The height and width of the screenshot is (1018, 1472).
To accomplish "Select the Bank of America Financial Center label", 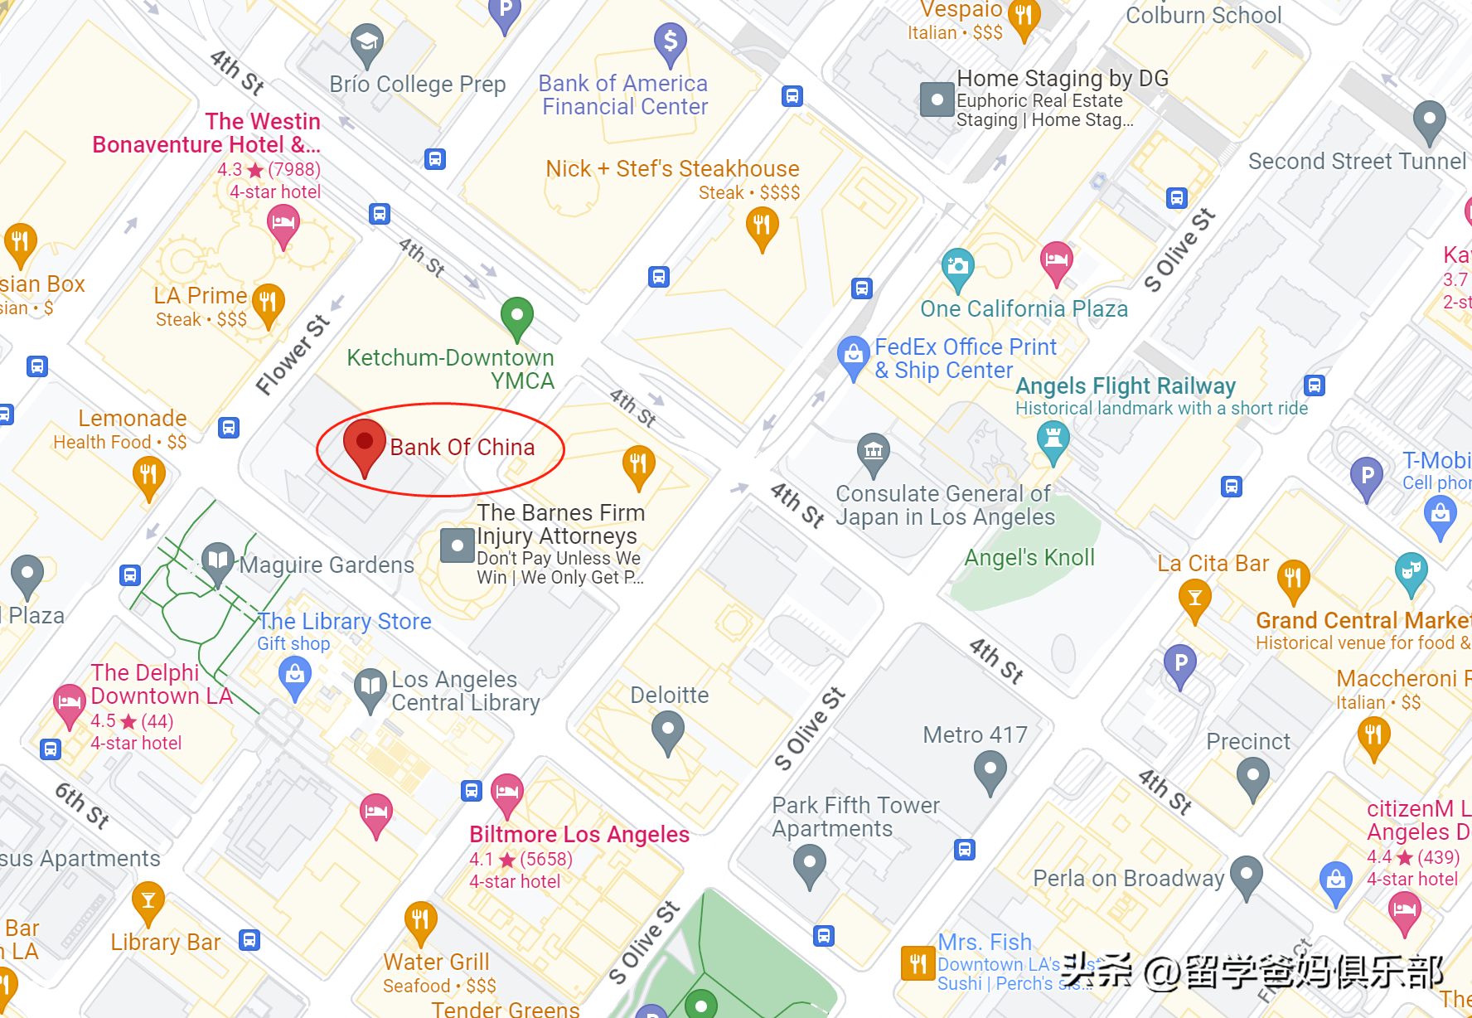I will click(624, 95).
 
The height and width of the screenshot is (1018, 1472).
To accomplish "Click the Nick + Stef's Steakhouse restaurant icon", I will click(761, 225).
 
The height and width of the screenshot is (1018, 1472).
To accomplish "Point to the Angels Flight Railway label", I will click(1125, 386).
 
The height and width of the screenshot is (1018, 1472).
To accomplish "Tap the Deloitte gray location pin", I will click(667, 731).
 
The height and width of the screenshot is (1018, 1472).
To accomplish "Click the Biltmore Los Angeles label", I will click(579, 834).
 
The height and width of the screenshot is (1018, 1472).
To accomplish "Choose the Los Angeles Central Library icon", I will click(370, 688).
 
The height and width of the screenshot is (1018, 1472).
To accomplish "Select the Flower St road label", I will click(292, 355).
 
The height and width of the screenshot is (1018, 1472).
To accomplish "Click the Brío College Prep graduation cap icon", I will click(366, 42).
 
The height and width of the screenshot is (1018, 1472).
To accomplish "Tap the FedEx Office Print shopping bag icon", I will click(853, 355).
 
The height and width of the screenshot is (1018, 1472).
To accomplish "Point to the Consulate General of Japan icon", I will click(873, 452).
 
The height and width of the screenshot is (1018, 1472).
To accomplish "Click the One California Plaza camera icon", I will click(957, 267).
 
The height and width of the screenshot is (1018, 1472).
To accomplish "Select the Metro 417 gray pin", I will click(990, 769).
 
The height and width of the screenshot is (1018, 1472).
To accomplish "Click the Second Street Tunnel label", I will click(1357, 161).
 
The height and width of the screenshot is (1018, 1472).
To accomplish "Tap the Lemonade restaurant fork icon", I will click(148, 476).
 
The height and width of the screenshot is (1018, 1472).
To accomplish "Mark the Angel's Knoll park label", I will click(1029, 558).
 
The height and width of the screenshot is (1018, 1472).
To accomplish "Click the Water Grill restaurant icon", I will click(420, 920).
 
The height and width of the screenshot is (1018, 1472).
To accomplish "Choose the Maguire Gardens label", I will click(327, 565).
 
